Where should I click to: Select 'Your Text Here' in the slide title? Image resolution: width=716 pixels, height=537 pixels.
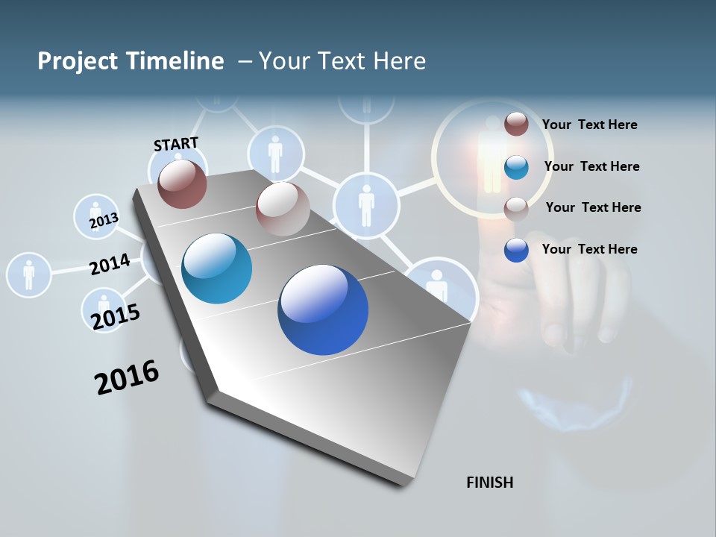tap(342, 61)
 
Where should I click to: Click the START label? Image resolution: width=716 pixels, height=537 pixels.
tap(176, 144)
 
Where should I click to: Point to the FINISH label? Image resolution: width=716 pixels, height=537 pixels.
tap(489, 483)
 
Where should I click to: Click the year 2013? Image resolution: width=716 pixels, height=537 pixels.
tap(104, 222)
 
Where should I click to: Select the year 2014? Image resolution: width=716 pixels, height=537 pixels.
tap(110, 264)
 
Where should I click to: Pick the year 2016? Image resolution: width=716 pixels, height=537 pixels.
tap(127, 377)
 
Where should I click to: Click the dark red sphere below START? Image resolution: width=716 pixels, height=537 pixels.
tap(182, 184)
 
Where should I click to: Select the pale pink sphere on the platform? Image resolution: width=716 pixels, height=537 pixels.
tap(283, 209)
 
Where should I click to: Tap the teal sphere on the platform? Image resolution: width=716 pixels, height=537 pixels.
tap(217, 268)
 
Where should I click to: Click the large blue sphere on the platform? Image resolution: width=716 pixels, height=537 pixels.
tap(323, 310)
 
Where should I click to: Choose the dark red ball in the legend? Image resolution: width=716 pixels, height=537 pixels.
tap(516, 124)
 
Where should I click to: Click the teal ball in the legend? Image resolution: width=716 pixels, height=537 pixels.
tap(516, 167)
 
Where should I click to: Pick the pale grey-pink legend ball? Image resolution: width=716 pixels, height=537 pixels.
tap(516, 209)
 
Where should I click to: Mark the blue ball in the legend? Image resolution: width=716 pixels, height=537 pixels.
tap(516, 250)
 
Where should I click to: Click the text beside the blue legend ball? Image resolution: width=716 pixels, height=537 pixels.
tap(589, 249)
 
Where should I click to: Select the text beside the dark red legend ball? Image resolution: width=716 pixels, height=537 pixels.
tap(589, 125)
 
